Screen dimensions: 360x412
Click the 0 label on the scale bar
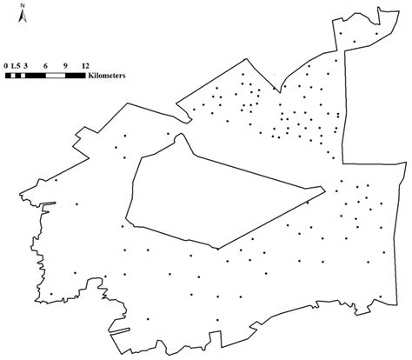click(6, 65)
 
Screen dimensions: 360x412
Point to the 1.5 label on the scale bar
click(17, 65)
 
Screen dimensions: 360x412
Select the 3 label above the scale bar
click(27, 65)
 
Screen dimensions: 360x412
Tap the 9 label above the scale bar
click(66, 65)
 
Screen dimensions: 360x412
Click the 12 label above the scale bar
click(85, 65)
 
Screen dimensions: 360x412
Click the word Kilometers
click(108, 76)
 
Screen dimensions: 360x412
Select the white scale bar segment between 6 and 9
click(56, 76)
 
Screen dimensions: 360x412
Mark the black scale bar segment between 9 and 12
click(76, 76)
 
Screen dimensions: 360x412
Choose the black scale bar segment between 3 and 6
click(37, 76)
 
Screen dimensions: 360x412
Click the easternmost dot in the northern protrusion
click(375, 36)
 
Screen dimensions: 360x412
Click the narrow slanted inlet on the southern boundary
click(120, 330)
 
